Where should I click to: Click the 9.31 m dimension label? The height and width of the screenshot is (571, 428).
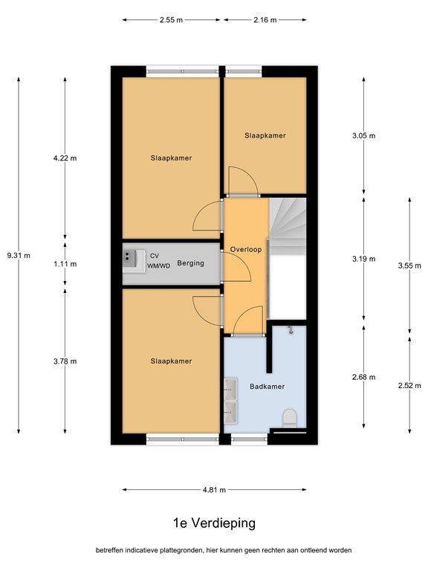pyautogui.click(x=18, y=255)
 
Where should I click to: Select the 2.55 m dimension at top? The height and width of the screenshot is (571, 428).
pyautogui.click(x=171, y=21)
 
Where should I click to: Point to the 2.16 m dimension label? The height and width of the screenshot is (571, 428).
pyautogui.click(x=265, y=21)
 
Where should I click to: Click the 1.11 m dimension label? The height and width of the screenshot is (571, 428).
pyautogui.click(x=65, y=264)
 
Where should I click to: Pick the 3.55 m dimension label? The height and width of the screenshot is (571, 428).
pyautogui.click(x=409, y=265)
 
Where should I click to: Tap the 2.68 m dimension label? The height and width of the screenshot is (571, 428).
pyautogui.click(x=363, y=378)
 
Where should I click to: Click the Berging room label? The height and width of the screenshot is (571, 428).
pyautogui.click(x=190, y=263)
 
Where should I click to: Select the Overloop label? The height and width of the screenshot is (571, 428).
pyautogui.click(x=245, y=250)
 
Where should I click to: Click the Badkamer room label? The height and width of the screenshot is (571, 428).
pyautogui.click(x=267, y=386)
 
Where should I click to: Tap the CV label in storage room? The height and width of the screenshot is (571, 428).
pyautogui.click(x=154, y=254)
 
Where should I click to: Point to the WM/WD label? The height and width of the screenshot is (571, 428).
pyautogui.click(x=158, y=265)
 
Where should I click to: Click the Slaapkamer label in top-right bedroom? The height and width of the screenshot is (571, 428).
pyautogui.click(x=265, y=135)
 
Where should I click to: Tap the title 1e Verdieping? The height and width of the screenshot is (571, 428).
pyautogui.click(x=213, y=523)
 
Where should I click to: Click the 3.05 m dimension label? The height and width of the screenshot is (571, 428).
pyautogui.click(x=363, y=135)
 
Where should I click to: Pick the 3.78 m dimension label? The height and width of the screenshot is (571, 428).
pyautogui.click(x=65, y=361)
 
